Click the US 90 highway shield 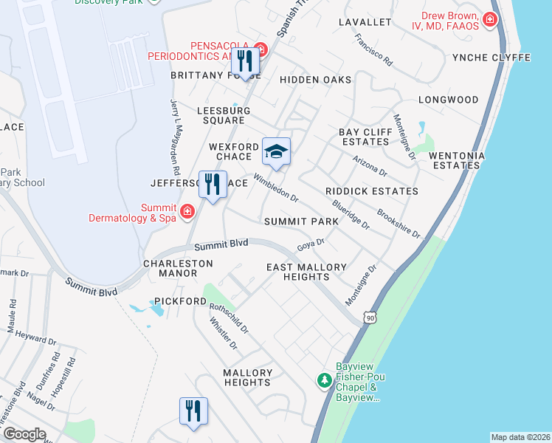coord(369,317)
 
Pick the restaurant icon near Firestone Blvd coord(193,411)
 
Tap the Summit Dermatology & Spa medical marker coord(187,212)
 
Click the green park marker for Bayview coord(323,380)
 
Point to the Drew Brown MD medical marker coord(489,20)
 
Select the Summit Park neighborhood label coord(301,221)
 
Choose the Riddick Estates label coord(371,191)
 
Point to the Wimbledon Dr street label coord(275,188)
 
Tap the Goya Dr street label coord(311,243)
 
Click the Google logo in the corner coord(24,434)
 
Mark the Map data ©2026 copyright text coord(520,437)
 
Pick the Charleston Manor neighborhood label coord(178,268)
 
